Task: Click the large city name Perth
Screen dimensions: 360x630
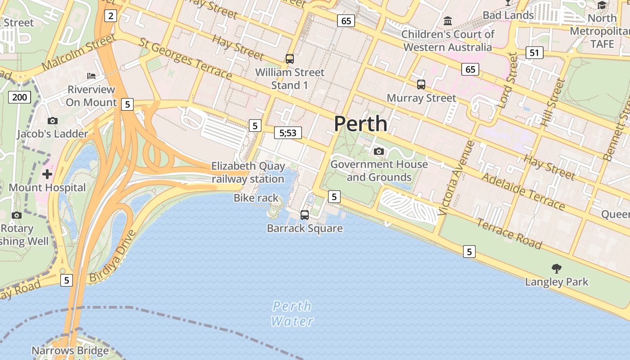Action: pyautogui.click(x=360, y=124)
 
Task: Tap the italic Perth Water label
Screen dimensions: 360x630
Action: pyautogui.click(x=292, y=314)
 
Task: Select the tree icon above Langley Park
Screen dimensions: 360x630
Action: pyautogui.click(x=557, y=269)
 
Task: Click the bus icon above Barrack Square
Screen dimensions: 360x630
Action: pyautogui.click(x=305, y=215)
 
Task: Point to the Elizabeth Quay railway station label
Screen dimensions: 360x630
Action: pyautogui.click(x=248, y=172)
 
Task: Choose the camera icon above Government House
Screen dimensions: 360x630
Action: pyautogui.click(x=379, y=151)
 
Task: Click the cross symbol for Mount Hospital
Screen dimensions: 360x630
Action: pyautogui.click(x=47, y=174)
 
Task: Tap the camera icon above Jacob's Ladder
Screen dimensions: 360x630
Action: pyautogui.click(x=53, y=121)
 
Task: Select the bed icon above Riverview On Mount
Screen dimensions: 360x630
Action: pyautogui.click(x=91, y=76)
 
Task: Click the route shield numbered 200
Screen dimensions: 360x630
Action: pyautogui.click(x=19, y=97)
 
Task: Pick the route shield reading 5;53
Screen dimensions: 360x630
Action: pyautogui.click(x=288, y=133)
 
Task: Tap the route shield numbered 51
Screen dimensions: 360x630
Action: pyautogui.click(x=534, y=53)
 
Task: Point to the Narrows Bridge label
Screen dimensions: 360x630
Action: pyautogui.click(x=70, y=351)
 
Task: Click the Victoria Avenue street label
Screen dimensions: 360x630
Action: pyautogui.click(x=456, y=178)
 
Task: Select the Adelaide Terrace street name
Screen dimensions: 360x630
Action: pyautogui.click(x=523, y=191)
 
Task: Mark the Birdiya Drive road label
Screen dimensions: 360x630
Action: pyautogui.click(x=112, y=256)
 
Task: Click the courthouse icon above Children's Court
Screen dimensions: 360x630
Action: pyautogui.click(x=448, y=21)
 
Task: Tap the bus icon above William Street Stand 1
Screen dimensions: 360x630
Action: pyautogui.click(x=290, y=59)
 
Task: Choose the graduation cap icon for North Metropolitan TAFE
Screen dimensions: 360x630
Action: pyautogui.click(x=602, y=5)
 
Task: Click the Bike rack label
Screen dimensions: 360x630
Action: pyautogui.click(x=256, y=198)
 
